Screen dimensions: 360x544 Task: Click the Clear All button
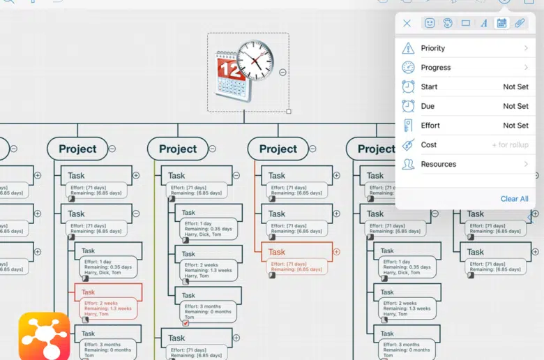pyautogui.click(x=514, y=199)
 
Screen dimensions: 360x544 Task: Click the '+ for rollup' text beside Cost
pyautogui.click(x=509, y=145)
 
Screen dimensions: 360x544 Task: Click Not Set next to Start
pyautogui.click(x=515, y=87)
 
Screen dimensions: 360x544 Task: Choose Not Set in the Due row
pyautogui.click(x=515, y=106)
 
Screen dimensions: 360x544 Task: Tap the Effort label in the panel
pyautogui.click(x=430, y=126)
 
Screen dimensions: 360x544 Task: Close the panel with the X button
pyautogui.click(x=407, y=23)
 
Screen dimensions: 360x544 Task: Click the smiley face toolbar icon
pyautogui.click(x=430, y=23)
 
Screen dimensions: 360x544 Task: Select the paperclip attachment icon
pyautogui.click(x=520, y=23)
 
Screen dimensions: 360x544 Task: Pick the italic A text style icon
pyautogui.click(x=484, y=23)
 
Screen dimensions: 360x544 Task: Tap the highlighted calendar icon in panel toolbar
pyautogui.click(x=501, y=23)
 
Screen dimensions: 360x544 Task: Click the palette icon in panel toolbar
pyautogui.click(x=448, y=23)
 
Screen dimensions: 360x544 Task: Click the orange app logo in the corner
pyautogui.click(x=43, y=336)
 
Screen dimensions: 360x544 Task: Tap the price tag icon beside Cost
pyautogui.click(x=408, y=145)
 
